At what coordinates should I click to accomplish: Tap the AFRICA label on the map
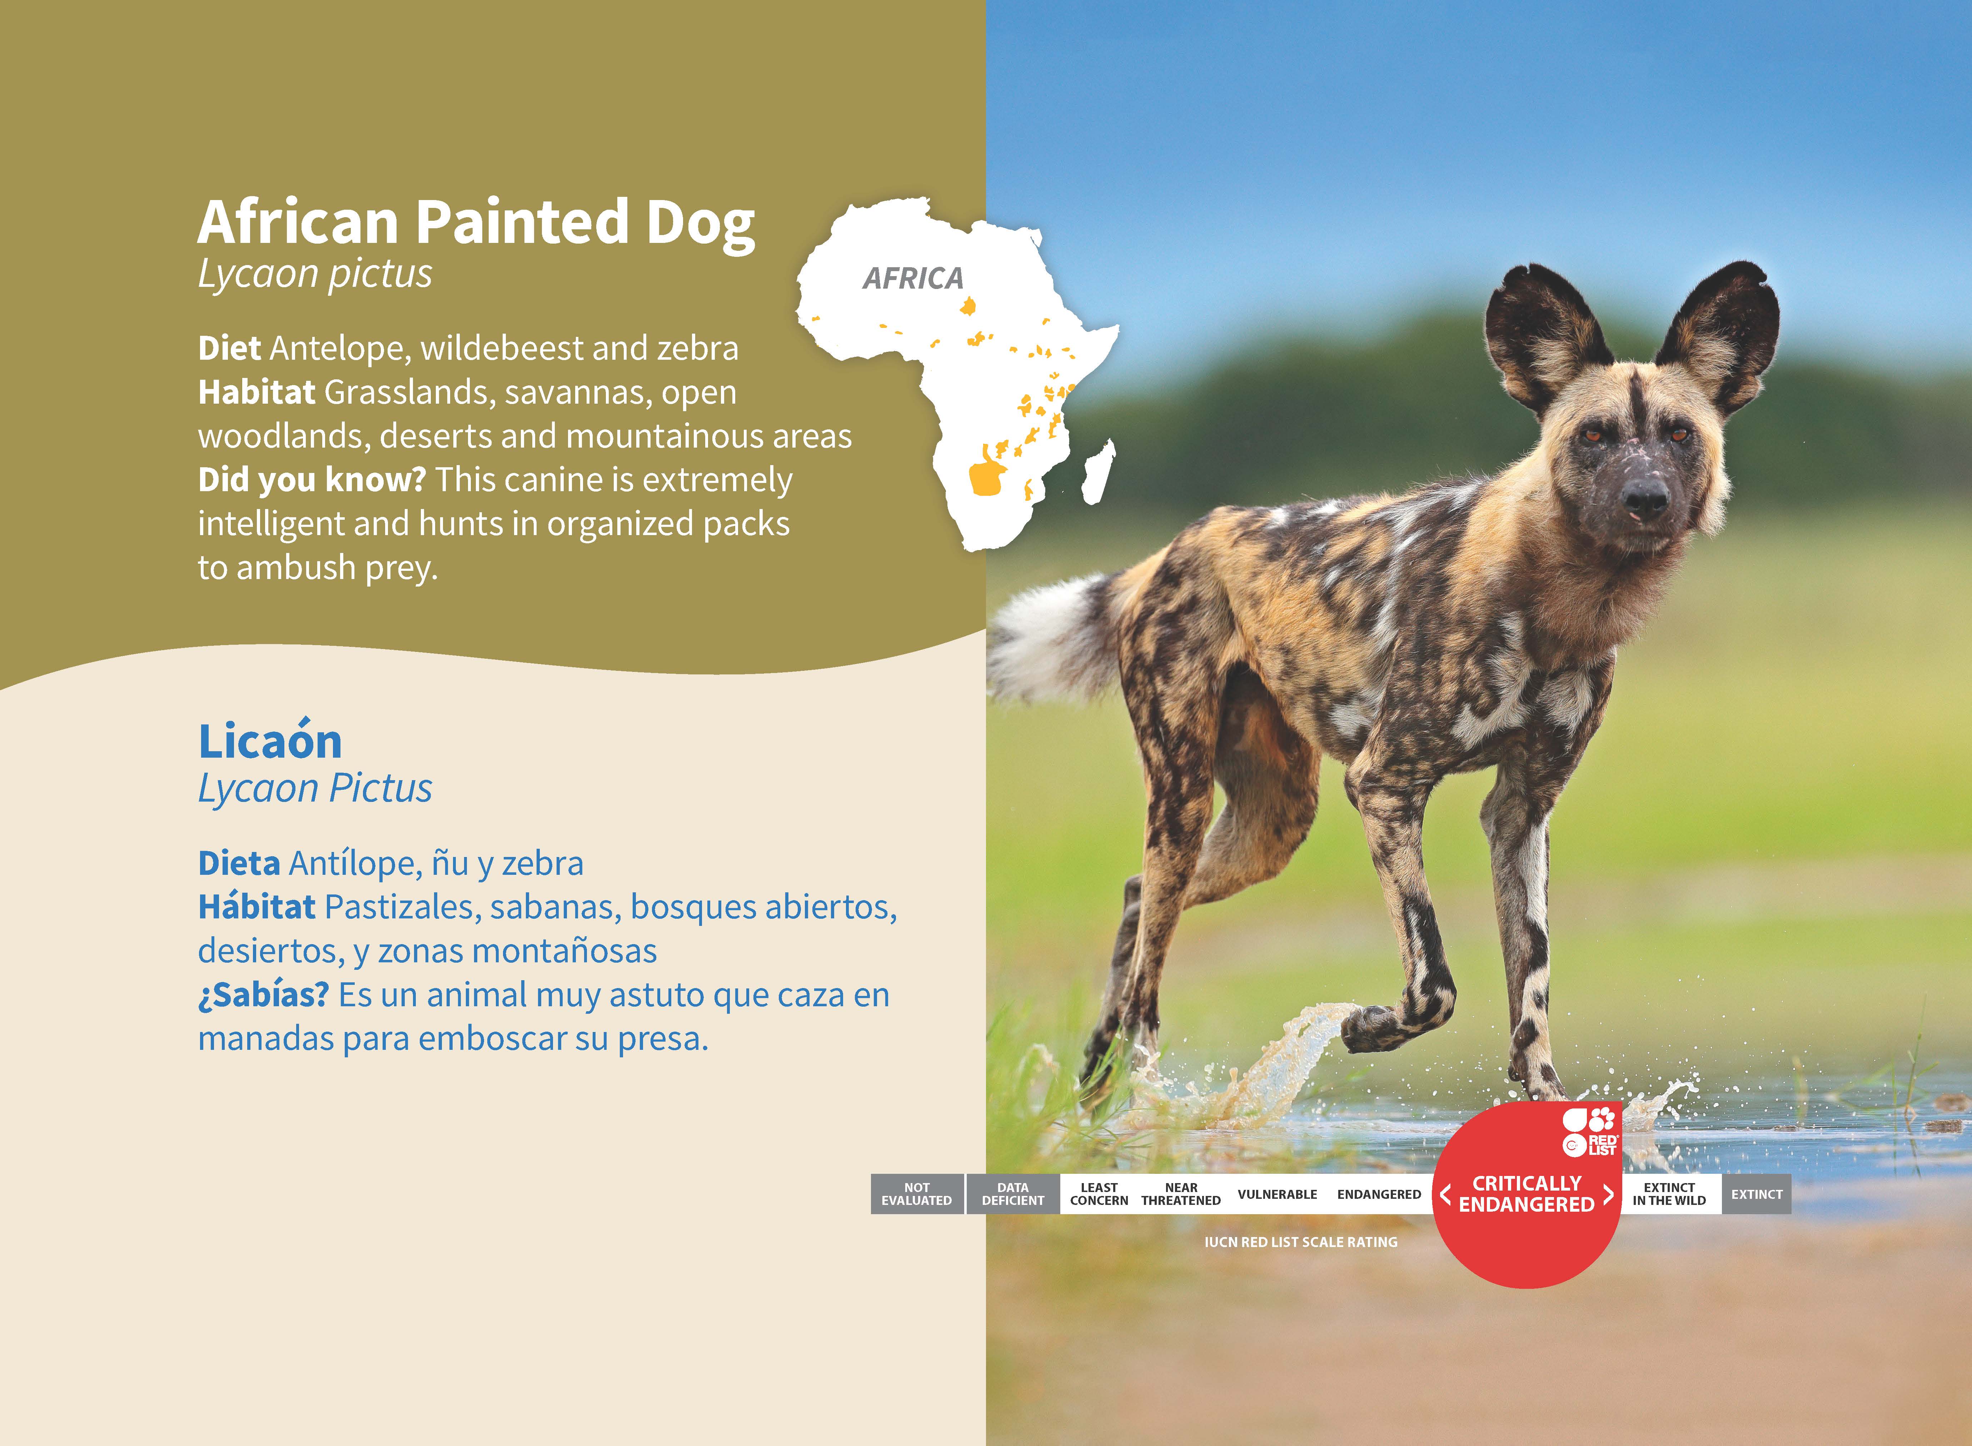(x=913, y=278)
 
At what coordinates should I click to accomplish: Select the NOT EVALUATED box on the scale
(x=916, y=1194)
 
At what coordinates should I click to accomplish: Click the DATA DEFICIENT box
(x=1013, y=1194)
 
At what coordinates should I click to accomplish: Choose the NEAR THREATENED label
(x=1181, y=1194)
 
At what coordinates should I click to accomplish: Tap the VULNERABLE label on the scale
(x=1277, y=1194)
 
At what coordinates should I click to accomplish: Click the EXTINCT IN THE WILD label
(x=1669, y=1194)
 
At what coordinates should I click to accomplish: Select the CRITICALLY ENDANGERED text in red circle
(x=1527, y=1194)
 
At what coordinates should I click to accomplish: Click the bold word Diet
(x=229, y=348)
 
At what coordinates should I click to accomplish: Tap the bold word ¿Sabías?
(x=263, y=995)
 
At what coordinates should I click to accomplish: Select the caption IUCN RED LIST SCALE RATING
(x=1301, y=1242)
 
